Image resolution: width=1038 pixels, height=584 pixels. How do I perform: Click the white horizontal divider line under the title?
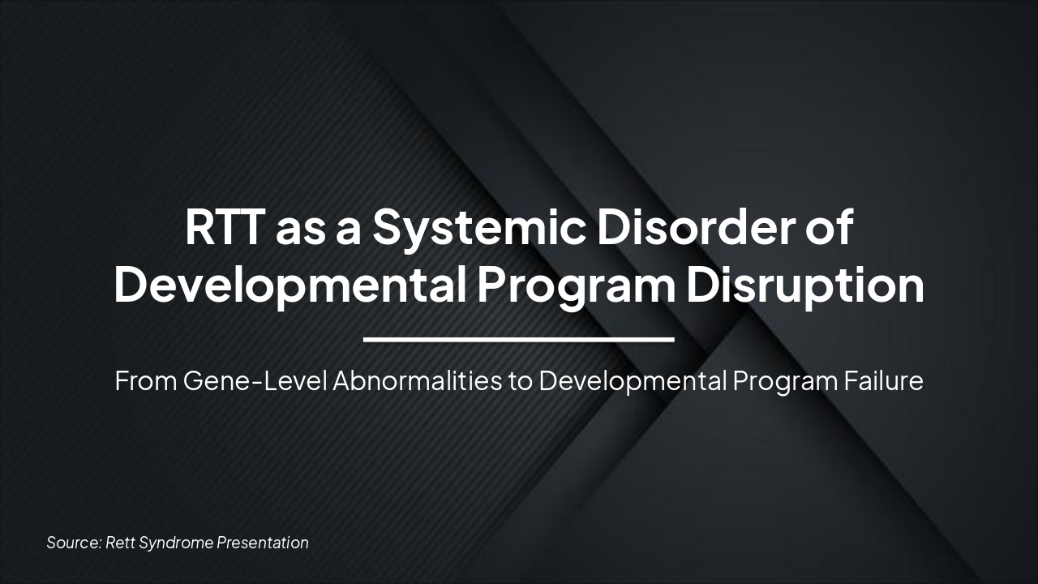point(519,339)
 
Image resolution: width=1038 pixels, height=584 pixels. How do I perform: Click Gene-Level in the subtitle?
point(255,381)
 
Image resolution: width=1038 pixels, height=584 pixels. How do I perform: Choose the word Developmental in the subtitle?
point(632,381)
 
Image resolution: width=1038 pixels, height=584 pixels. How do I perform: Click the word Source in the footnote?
point(73,543)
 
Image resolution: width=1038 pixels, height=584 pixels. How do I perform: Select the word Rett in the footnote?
point(121,543)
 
